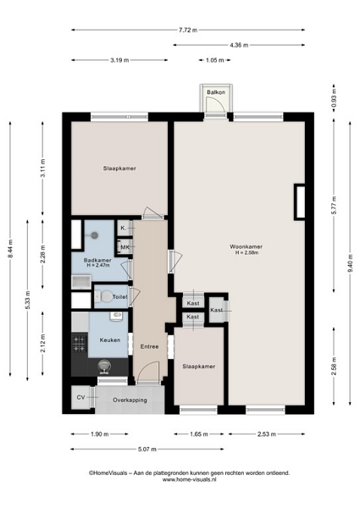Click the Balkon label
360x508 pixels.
pyautogui.click(x=216, y=92)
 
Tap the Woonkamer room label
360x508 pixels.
pyautogui.click(x=246, y=247)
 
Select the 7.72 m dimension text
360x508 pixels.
pyautogui.click(x=188, y=30)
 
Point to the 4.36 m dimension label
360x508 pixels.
pyautogui.click(x=239, y=46)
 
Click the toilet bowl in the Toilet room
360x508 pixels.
pyautogui.click(x=105, y=296)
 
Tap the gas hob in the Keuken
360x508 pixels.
pyautogui.click(x=80, y=344)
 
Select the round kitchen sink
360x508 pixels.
pyautogui.click(x=104, y=367)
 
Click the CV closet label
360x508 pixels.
pyautogui.click(x=81, y=397)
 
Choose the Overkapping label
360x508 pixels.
pyautogui.click(x=130, y=400)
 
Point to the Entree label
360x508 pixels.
pyautogui.click(x=149, y=346)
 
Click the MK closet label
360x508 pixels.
pyautogui.click(x=125, y=247)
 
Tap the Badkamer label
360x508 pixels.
pyautogui.click(x=97, y=261)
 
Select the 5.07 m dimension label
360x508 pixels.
pyautogui.click(x=147, y=450)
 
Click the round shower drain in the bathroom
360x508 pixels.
pyautogui.click(x=94, y=235)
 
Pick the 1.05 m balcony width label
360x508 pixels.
pyautogui.click(x=214, y=60)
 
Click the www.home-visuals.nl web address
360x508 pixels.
pyautogui.click(x=189, y=480)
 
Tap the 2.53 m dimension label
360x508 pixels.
pyautogui.click(x=267, y=434)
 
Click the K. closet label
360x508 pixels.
pyautogui.click(x=123, y=228)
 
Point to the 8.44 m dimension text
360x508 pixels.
pyautogui.click(x=10, y=249)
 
